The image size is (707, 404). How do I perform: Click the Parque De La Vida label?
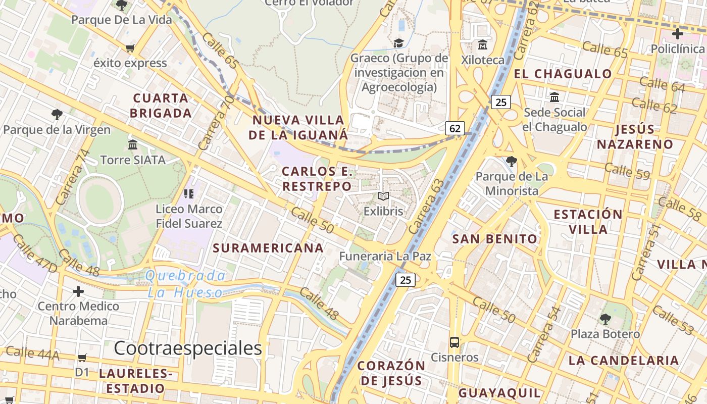(122, 20)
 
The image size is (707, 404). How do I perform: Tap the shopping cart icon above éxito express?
(130, 48)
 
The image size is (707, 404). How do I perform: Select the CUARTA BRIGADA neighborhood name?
(161, 106)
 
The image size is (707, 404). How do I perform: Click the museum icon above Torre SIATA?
(133, 145)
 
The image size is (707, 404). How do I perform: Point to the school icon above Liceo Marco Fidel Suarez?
(189, 193)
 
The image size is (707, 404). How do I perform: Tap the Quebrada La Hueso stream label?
(185, 284)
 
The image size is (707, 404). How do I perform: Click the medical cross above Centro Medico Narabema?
(78, 291)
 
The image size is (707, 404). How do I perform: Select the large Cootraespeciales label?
(188, 348)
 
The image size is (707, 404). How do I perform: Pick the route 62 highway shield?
(454, 128)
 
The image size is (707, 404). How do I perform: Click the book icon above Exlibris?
(383, 196)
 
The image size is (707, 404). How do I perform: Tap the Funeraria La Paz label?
(385, 256)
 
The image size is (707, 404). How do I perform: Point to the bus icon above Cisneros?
(454, 342)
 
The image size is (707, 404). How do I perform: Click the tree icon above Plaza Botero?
(605, 319)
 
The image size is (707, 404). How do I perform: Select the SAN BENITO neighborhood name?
(495, 239)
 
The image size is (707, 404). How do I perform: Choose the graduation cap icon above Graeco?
(399, 43)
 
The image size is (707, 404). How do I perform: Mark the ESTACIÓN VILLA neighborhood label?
(588, 222)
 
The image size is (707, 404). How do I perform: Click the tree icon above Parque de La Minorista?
(512, 162)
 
